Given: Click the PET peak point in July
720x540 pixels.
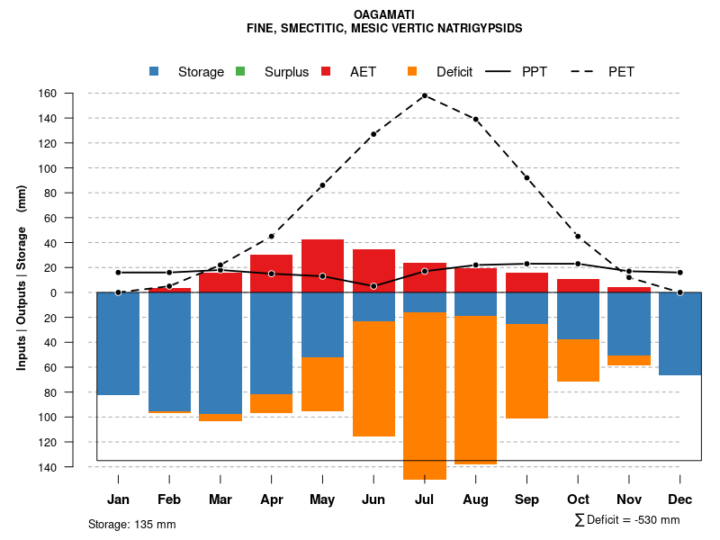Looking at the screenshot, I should (x=425, y=95).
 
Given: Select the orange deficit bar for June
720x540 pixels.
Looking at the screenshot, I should (x=373, y=379).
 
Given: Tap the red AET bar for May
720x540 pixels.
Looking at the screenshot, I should (x=322, y=265).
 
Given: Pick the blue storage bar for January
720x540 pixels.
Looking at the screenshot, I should (x=118, y=343).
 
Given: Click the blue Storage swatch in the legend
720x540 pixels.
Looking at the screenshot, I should (x=156, y=71).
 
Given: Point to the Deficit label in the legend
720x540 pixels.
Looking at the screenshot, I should (x=454, y=72).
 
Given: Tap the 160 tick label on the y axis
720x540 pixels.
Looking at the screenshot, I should (x=73, y=94).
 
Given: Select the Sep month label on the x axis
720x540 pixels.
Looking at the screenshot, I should (x=527, y=499).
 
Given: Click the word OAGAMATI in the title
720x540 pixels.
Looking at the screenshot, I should (x=384, y=15).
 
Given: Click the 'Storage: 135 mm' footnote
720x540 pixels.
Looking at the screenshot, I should (x=132, y=524).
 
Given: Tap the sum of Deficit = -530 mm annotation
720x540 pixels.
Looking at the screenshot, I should (x=626, y=520).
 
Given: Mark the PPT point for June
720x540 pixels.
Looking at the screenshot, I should (x=373, y=286).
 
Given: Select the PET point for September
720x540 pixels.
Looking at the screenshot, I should (x=527, y=178).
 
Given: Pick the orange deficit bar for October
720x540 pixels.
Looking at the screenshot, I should (x=579, y=360).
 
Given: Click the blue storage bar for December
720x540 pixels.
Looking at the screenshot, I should (x=680, y=333).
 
